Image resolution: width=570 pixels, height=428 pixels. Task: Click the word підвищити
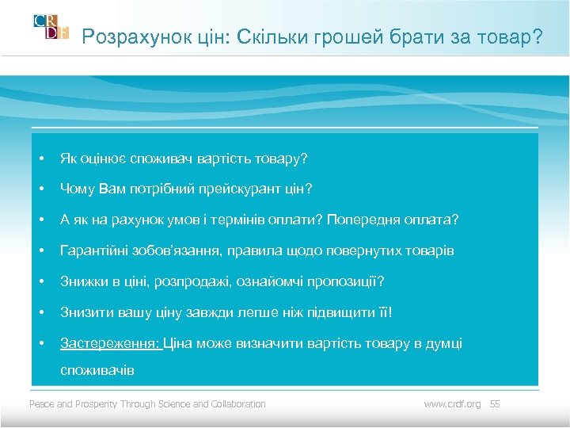tap(337, 312)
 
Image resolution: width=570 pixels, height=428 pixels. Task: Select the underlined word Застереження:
tap(110, 343)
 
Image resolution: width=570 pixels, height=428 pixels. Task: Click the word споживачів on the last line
tap(97, 370)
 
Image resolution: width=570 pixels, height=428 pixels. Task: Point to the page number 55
tap(496, 404)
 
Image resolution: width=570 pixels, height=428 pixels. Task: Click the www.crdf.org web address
tap(452, 404)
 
